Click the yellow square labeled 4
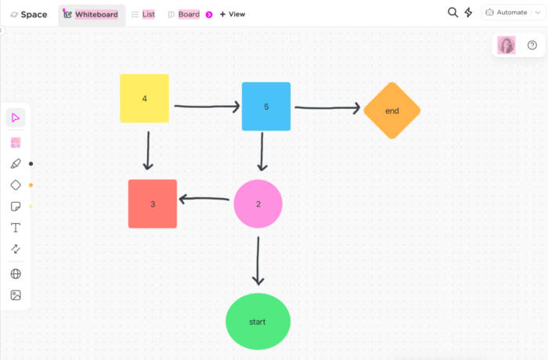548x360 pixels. click(144, 99)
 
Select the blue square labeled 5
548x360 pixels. click(266, 106)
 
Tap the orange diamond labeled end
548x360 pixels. click(392, 110)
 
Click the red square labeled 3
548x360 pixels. click(153, 203)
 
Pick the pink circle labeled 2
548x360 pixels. click(258, 203)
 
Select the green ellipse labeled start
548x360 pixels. click(258, 322)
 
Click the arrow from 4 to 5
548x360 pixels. click(205, 106)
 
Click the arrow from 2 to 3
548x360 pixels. click(205, 200)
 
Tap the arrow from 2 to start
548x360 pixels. click(258, 258)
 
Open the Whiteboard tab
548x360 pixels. click(92, 14)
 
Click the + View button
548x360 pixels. click(232, 14)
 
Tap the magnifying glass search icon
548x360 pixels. click(452, 13)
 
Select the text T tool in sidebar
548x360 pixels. click(16, 228)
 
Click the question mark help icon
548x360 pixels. click(532, 45)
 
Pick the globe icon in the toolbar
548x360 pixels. click(16, 274)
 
